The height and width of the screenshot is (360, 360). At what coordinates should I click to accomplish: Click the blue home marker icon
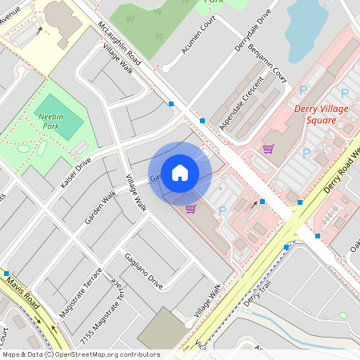coord(180,172)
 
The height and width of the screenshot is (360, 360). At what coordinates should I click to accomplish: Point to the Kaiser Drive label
coord(76,173)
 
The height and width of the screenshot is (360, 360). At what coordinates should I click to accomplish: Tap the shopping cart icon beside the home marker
coord(190,209)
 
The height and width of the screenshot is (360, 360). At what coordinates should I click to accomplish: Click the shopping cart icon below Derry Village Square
coord(268,148)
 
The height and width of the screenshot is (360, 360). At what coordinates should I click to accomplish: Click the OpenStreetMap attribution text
coord(80,354)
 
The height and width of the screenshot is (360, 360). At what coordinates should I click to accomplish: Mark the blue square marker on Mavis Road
coord(6,274)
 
